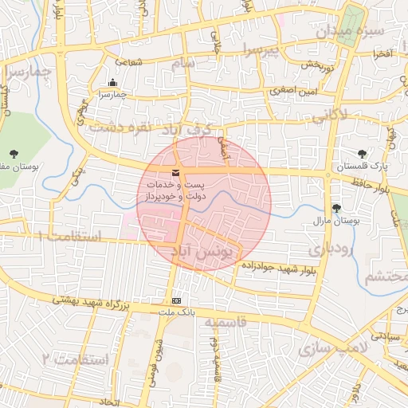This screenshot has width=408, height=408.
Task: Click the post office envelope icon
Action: [x=175, y=173]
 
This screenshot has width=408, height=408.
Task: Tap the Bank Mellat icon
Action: [x=176, y=300]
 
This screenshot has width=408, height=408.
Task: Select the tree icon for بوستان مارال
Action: [x=337, y=208]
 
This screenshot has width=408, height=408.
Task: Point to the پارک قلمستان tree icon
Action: [x=363, y=153]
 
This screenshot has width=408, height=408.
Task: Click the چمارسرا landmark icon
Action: [x=112, y=82]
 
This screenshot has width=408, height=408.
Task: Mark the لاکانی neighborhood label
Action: [x=329, y=116]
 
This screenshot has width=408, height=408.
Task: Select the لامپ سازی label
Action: [x=331, y=348]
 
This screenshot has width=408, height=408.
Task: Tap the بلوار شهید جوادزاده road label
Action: [x=277, y=269]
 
